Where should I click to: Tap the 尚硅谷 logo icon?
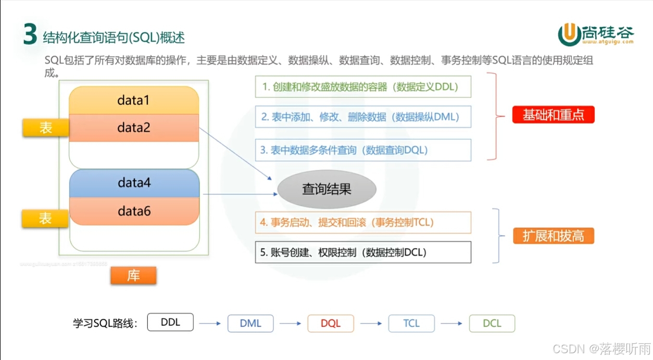(x=569, y=35)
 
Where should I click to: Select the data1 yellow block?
(x=134, y=101)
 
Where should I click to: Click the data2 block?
(x=134, y=128)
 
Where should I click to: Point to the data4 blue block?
(x=134, y=183)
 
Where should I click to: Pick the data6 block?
(x=134, y=211)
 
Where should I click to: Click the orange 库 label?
(x=133, y=276)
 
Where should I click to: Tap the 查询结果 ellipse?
(x=326, y=189)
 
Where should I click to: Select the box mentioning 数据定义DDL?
(x=363, y=87)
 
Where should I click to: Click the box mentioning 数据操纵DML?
(x=363, y=117)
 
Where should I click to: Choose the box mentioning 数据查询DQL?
(x=363, y=150)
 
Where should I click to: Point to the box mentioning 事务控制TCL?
(x=363, y=222)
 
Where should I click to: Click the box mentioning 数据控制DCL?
(x=363, y=253)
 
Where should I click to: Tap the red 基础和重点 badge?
(x=553, y=115)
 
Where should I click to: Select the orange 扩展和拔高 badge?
(x=553, y=236)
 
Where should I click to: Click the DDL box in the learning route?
(x=170, y=322)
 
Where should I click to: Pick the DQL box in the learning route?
(x=331, y=324)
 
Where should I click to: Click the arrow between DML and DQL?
(x=291, y=324)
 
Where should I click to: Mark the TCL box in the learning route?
(x=411, y=324)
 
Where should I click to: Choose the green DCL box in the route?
(x=492, y=324)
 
